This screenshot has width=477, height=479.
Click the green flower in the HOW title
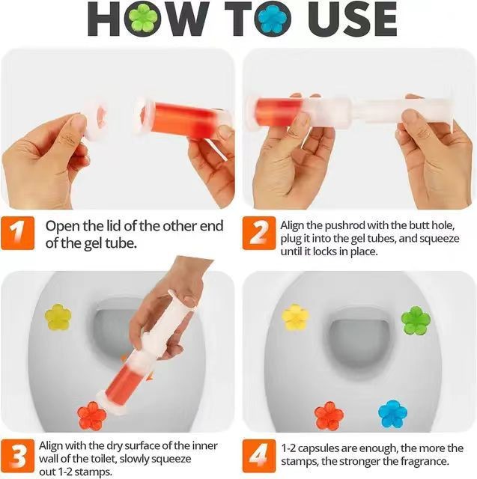[143, 19]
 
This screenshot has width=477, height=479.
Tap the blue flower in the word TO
[273, 19]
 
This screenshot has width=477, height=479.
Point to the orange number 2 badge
[258, 234]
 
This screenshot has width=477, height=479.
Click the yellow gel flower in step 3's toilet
[58, 317]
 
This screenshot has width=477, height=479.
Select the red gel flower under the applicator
[92, 414]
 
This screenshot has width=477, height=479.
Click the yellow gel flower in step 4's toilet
[295, 317]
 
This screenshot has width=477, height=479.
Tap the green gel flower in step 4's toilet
[416, 320]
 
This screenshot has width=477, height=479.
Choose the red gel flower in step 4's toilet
[329, 415]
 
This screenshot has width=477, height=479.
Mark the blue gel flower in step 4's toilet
[392, 413]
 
